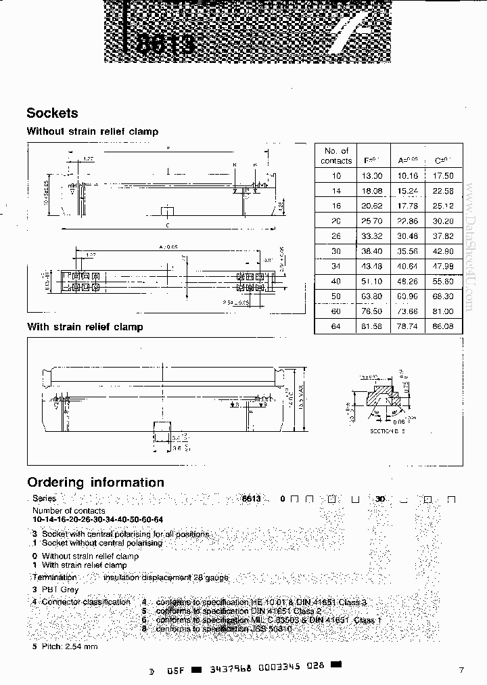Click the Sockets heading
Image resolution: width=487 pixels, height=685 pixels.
tap(52, 114)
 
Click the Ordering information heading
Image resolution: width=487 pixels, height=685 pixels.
tap(95, 483)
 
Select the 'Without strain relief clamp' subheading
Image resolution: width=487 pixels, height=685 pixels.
tap(92, 131)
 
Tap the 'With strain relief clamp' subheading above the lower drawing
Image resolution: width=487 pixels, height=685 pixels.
tap(85, 327)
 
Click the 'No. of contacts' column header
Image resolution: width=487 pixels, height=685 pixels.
tap(336, 156)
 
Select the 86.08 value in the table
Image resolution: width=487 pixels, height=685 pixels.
tap(443, 327)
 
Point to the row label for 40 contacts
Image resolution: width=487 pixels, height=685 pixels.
tap(336, 281)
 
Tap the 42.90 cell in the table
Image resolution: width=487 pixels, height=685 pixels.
tap(443, 251)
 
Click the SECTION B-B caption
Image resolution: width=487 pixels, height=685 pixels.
tap(387, 431)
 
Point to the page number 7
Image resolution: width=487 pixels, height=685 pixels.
tap(461, 670)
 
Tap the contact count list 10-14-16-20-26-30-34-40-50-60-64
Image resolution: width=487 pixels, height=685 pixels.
tap(97, 519)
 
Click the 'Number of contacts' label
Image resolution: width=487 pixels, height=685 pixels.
tap(68, 510)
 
